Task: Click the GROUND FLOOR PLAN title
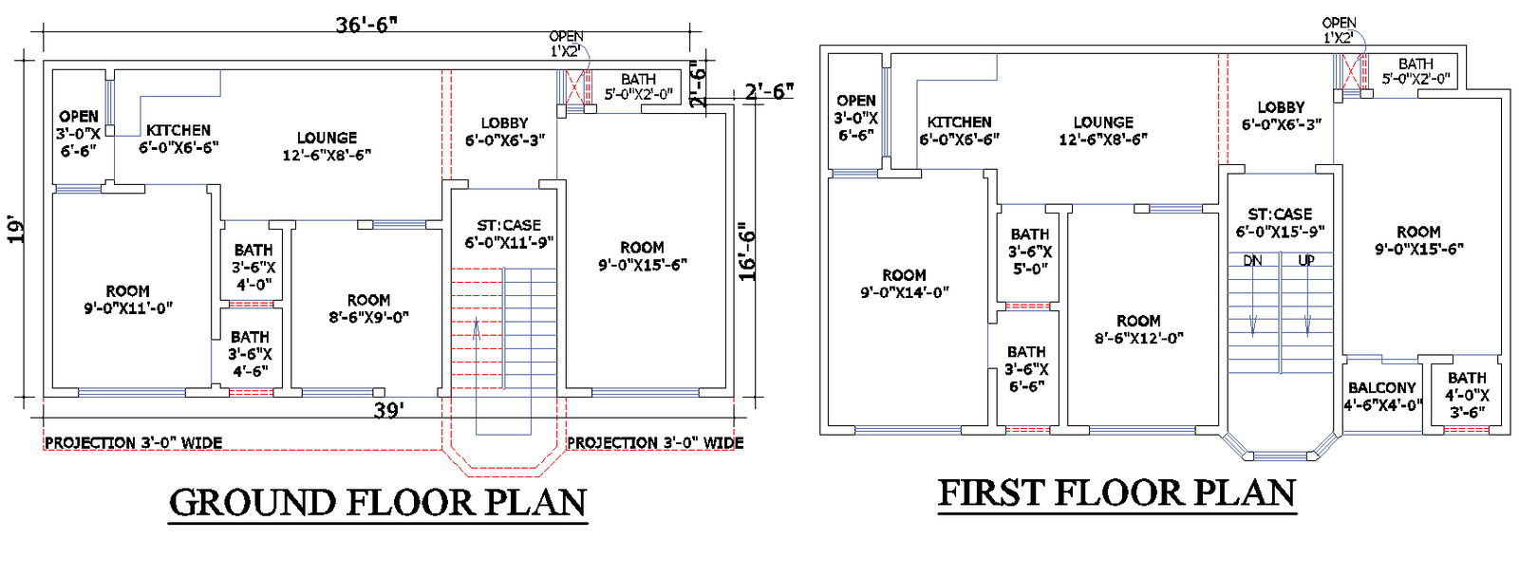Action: click(x=378, y=502)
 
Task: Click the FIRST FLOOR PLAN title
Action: click(x=1116, y=493)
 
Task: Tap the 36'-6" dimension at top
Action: click(x=366, y=25)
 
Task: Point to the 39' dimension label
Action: click(x=388, y=411)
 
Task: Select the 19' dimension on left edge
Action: click(x=16, y=231)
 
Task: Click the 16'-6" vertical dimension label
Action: click(x=748, y=251)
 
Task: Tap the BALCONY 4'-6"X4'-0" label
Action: click(x=1382, y=396)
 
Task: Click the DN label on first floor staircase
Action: click(x=1252, y=260)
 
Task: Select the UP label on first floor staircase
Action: click(x=1306, y=260)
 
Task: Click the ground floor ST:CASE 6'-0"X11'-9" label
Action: click(x=509, y=233)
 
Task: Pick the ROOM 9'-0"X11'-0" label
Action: click(x=127, y=299)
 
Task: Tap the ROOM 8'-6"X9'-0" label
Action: click(x=368, y=308)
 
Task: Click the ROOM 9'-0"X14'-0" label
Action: click(x=904, y=283)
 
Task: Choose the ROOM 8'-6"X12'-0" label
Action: click(x=1138, y=329)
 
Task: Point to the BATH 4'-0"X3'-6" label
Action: click(x=1467, y=395)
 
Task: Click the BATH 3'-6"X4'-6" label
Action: click(x=250, y=354)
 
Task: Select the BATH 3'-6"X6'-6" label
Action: click(x=1026, y=368)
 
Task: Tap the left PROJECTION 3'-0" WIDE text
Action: click(x=133, y=443)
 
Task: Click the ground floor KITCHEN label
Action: click(x=178, y=139)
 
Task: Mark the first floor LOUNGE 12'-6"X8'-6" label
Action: click(x=1103, y=130)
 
